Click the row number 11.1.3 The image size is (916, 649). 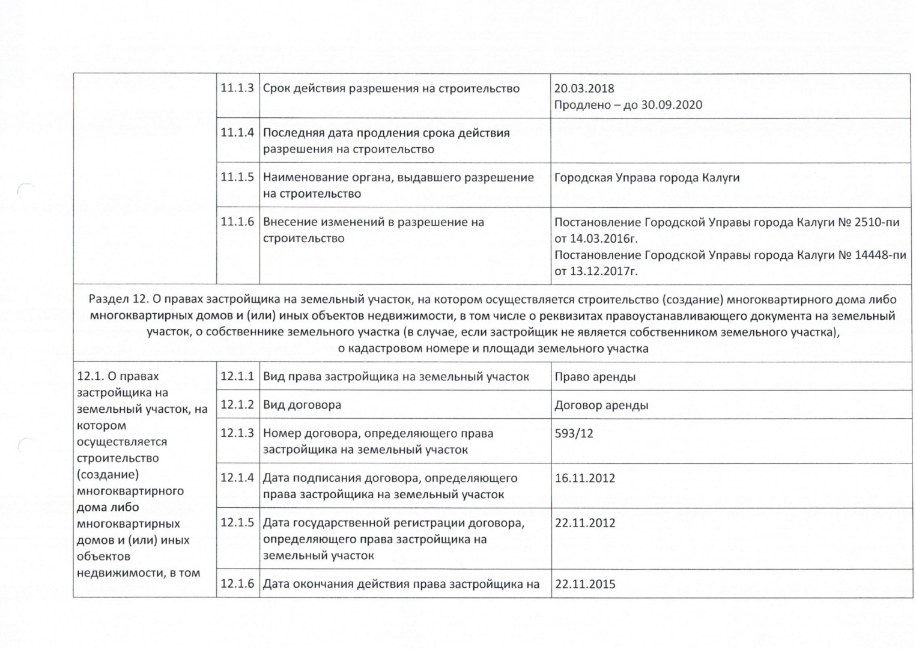point(237,88)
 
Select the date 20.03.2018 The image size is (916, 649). point(584,88)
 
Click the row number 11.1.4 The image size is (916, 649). point(237,133)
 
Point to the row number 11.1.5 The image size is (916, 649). point(237,177)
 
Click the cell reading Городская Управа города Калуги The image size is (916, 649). point(647,178)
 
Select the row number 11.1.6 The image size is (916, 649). point(237,222)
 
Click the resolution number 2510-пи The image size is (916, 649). point(877,222)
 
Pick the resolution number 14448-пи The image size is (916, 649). point(881,255)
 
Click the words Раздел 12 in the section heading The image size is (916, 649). point(118,299)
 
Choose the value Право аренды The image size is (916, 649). point(595,377)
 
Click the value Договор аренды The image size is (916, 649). point(601,405)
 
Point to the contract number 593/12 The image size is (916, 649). point(574,433)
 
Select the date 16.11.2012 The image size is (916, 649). point(584,478)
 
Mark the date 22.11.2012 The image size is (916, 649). point(584,523)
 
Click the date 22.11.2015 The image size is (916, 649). point(584,584)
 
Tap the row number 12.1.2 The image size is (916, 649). point(237,404)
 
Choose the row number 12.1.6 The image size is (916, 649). point(237,583)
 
